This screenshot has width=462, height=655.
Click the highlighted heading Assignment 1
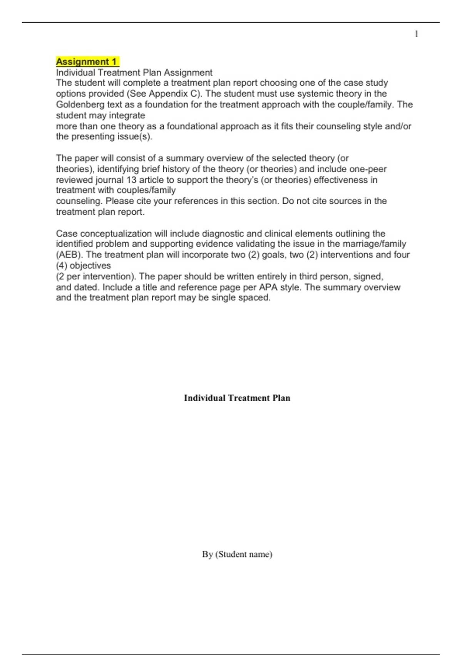tap(87, 62)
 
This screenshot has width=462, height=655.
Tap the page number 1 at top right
tap(416, 34)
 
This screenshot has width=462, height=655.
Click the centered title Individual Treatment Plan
tap(237, 398)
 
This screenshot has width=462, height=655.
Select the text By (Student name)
tap(237, 554)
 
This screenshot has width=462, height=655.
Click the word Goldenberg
tap(79, 104)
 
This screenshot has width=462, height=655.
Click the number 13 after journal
tap(131, 180)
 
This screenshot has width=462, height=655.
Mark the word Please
tap(120, 201)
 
